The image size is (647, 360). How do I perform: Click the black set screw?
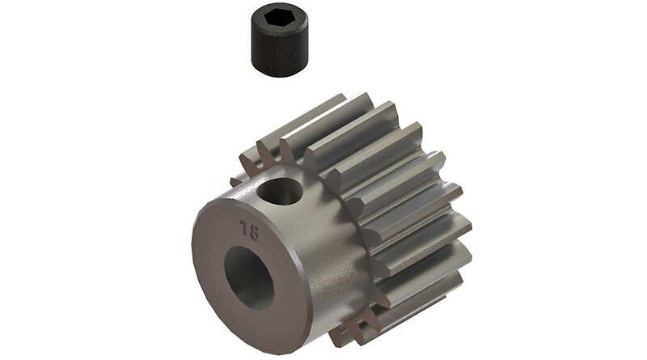tap(279, 39)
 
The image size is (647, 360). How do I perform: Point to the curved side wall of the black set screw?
tap(279, 49)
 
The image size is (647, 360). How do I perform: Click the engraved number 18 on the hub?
tap(250, 230)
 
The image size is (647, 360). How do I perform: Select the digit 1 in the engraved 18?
tap(244, 227)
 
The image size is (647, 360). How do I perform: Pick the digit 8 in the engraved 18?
tap(253, 232)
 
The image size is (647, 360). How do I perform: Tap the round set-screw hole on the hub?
tap(279, 191)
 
